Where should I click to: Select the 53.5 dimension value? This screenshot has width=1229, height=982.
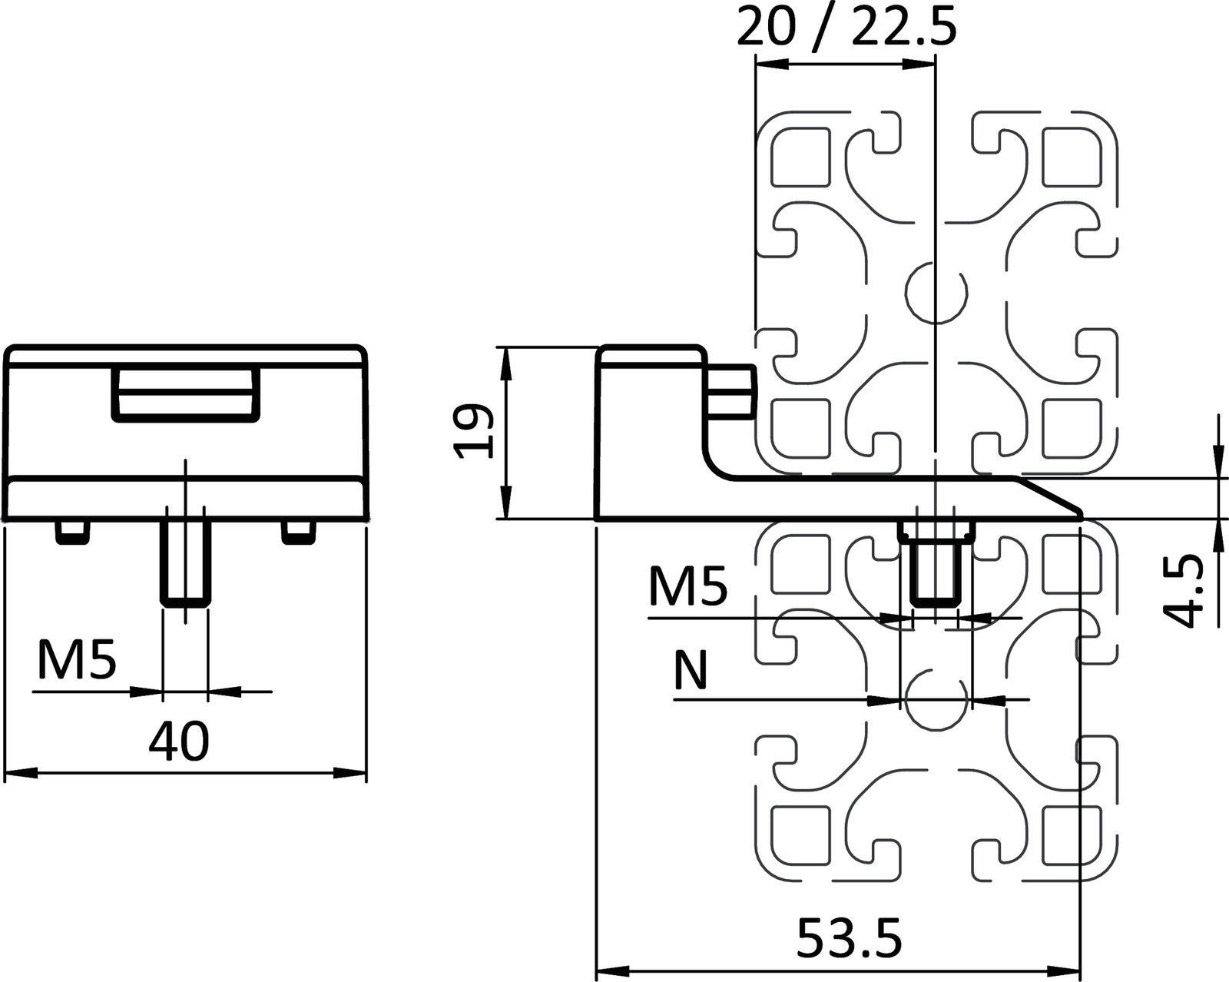pos(848,938)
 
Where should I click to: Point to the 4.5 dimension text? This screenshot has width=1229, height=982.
pos(1181,592)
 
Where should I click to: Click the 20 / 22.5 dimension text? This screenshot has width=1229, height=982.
pos(846,29)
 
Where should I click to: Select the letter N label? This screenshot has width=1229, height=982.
pos(689,670)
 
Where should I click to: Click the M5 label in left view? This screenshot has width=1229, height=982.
pos(77,662)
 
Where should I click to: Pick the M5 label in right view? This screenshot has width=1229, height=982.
pos(687,588)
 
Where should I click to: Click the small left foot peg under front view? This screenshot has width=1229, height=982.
pos(71,532)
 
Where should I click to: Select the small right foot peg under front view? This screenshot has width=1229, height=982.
pos(298,532)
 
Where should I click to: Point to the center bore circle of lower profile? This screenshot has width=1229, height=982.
pos(936,700)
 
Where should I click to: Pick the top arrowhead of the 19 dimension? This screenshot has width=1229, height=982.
pos(505,361)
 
